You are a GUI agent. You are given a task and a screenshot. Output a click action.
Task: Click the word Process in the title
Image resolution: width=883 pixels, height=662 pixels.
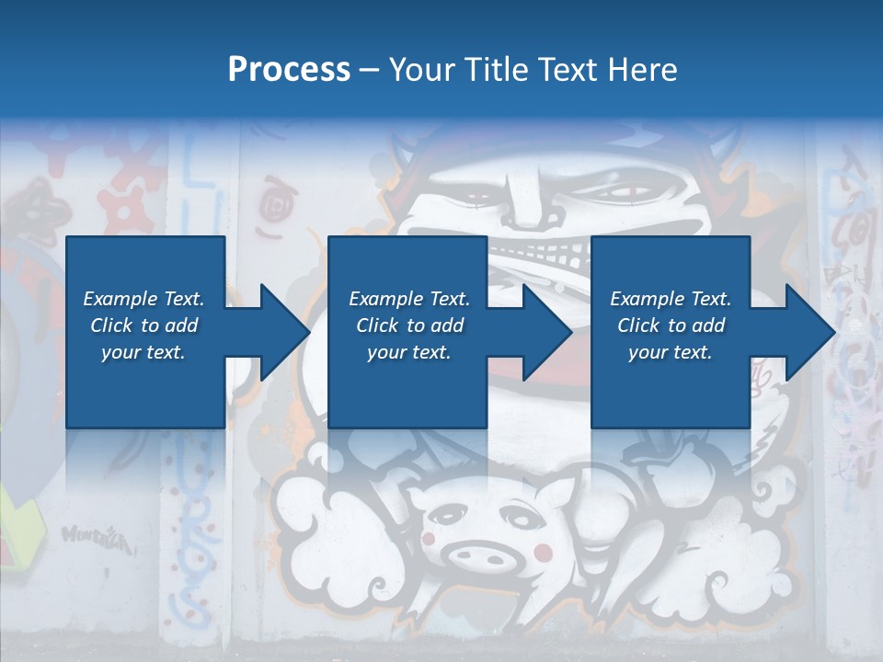click(289, 70)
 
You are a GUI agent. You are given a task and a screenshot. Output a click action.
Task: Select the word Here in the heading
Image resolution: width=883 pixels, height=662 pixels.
click(641, 70)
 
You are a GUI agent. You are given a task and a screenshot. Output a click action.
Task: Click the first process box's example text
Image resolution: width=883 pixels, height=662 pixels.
click(143, 325)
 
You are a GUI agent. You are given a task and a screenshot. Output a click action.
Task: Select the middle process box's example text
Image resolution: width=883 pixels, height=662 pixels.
click(408, 325)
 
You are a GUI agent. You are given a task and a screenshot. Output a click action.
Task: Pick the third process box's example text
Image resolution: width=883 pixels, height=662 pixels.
click(671, 325)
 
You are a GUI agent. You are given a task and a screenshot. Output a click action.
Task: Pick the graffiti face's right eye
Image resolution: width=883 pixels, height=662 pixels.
click(614, 194)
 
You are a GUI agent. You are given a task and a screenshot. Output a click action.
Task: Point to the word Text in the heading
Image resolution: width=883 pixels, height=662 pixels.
click(568, 70)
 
